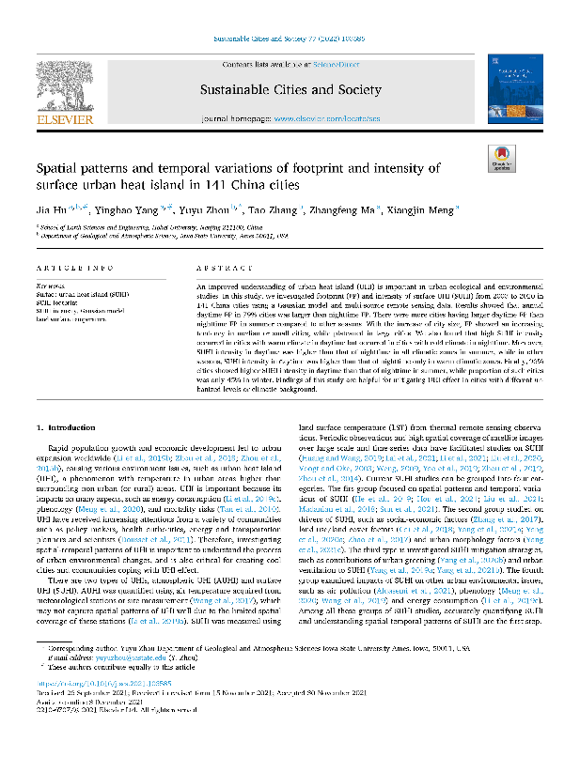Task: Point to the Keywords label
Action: (x=49, y=282)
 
